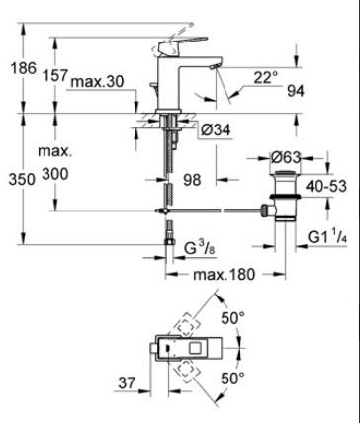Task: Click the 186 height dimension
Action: pos(24,68)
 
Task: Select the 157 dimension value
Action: pos(55,75)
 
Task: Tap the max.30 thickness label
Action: pos(98,82)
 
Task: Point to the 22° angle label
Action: pos(266,78)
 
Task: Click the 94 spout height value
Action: pos(296,91)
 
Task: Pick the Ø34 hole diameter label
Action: pos(217,130)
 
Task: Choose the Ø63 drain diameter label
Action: pos(286,157)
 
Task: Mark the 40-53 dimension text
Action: pos(326,186)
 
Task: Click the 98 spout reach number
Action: pos(192,180)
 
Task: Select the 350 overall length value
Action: pos(22,180)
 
